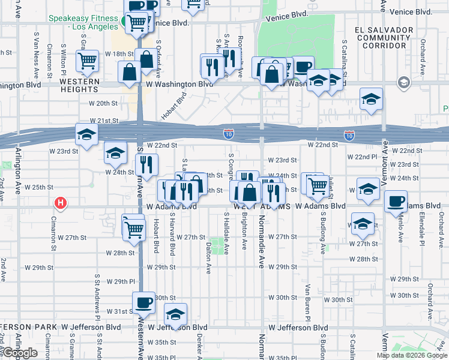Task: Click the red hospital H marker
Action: pos(60,203)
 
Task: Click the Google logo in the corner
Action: pos(20,353)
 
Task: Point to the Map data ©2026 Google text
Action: pos(411,355)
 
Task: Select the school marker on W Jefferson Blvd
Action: pos(175,314)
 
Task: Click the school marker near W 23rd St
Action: pos(115,153)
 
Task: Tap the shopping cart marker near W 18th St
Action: pos(88,61)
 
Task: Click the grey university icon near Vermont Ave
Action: pos(403,82)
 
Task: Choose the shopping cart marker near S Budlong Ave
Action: pos(318,185)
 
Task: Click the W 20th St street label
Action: pos(103,103)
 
